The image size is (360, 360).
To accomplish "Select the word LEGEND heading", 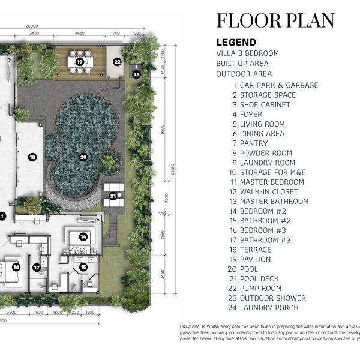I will click(x=236, y=43).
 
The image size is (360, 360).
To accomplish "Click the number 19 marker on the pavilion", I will click(x=80, y=61).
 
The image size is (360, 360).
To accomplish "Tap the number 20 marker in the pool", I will click(x=84, y=157).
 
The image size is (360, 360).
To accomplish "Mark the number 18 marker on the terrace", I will click(x=32, y=157).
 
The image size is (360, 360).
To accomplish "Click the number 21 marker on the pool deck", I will click(x=112, y=196).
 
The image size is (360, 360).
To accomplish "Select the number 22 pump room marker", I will click(x=118, y=61).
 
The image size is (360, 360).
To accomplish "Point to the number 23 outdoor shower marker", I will click(x=136, y=74).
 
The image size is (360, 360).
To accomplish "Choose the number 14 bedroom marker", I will click(x=83, y=237).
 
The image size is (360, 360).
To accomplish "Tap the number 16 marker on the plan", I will click(x=16, y=267).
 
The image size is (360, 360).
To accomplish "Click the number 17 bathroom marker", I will click(x=37, y=267).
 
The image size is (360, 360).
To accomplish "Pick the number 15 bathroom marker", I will click(x=83, y=267).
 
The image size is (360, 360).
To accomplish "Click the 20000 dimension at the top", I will click(x=32, y=26).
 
